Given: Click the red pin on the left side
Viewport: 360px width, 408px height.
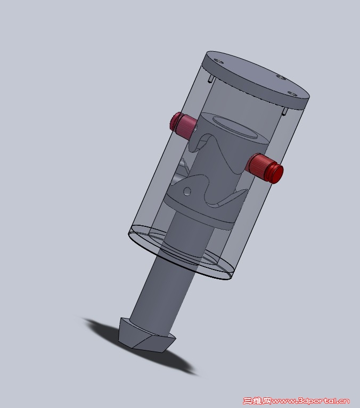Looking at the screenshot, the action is pyautogui.click(x=183, y=125).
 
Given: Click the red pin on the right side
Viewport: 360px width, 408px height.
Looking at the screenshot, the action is pyautogui.click(x=265, y=168).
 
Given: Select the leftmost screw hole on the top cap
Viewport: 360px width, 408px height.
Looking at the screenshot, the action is pyautogui.click(x=220, y=62).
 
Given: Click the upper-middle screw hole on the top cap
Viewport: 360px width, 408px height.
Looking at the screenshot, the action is pyautogui.click(x=281, y=77).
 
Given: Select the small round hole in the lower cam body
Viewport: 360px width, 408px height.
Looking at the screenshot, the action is pyautogui.click(x=187, y=191).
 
